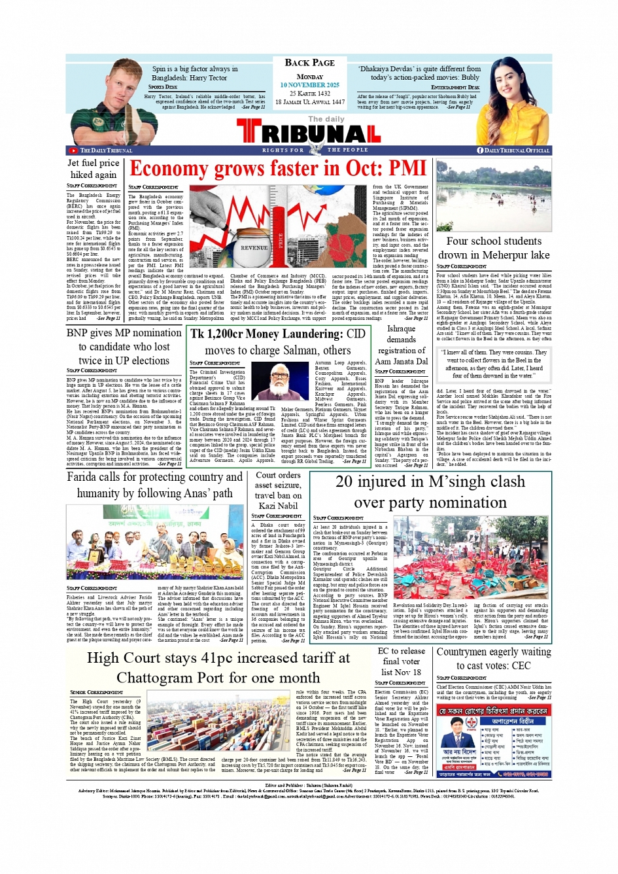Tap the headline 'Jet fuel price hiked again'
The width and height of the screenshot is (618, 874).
click(94, 169)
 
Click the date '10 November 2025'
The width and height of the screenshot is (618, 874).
click(309, 85)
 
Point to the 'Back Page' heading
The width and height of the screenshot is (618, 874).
click(309, 63)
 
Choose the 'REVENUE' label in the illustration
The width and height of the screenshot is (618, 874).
click(254, 248)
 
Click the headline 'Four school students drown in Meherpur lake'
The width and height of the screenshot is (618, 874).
click(494, 248)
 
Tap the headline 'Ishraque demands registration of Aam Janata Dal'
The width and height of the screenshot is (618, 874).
click(401, 344)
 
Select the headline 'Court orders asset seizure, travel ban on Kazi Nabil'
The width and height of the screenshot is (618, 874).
click(278, 490)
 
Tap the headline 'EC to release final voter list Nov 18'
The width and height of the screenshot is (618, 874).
click(401, 661)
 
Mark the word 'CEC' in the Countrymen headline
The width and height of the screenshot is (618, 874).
click(521, 665)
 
